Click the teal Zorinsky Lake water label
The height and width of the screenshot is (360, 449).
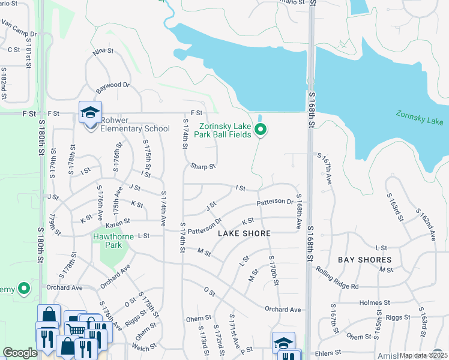point(419,117)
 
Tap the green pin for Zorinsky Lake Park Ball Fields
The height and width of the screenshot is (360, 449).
point(261,130)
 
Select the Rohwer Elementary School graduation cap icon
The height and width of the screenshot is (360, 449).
point(89,112)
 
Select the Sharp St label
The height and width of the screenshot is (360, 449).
point(203,166)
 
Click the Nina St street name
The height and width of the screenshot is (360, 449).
point(103,53)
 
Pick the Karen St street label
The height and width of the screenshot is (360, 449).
point(118,225)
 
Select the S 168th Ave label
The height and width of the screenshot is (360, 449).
point(298,215)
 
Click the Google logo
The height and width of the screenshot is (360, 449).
point(20,353)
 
